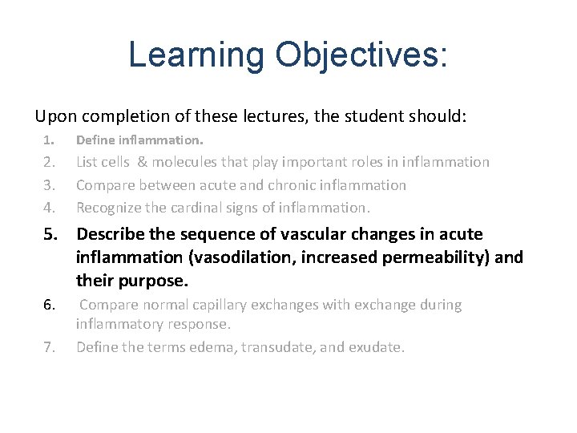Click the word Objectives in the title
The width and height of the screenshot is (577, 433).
[359, 55]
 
